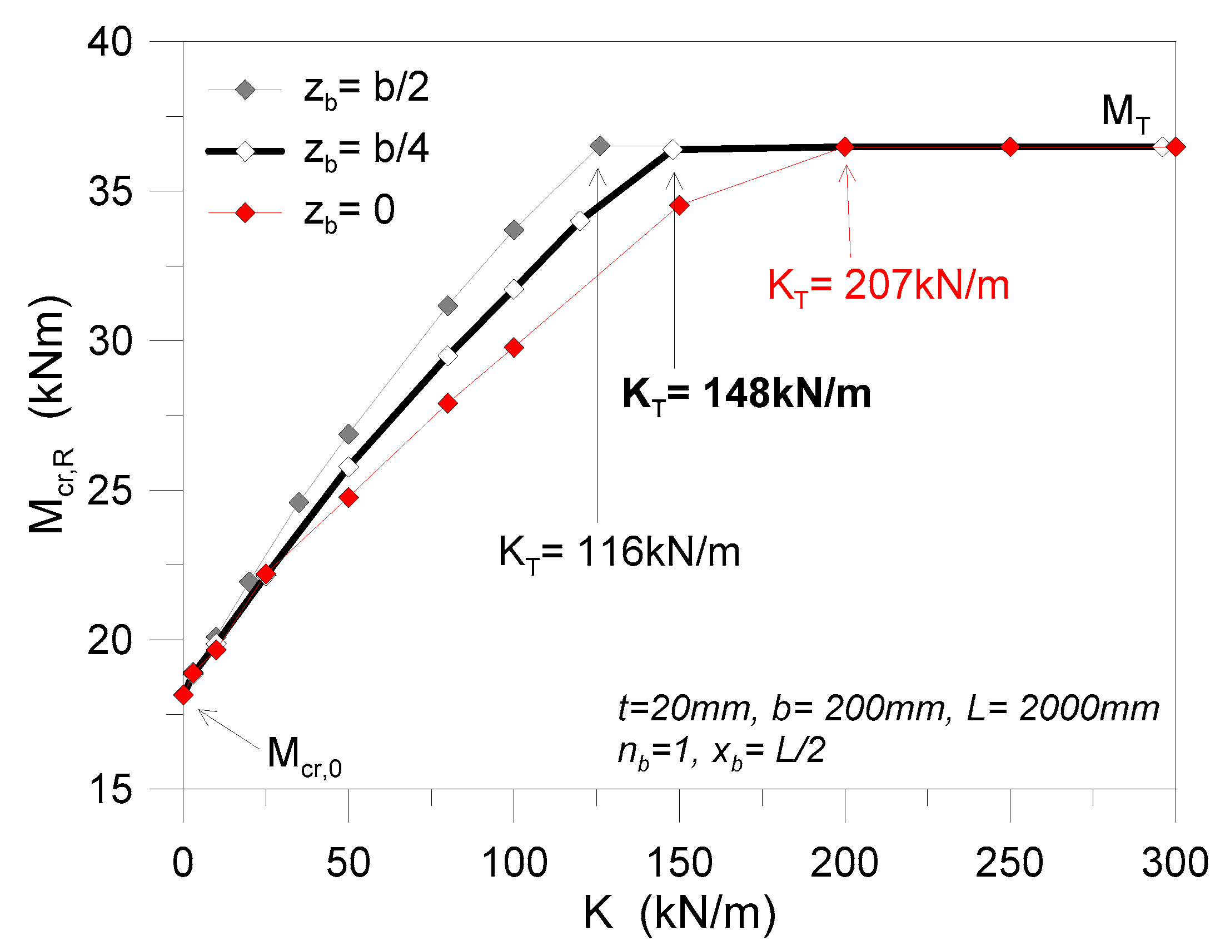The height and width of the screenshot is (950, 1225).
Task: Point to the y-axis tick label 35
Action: point(110,191)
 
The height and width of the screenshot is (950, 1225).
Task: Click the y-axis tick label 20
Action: point(110,640)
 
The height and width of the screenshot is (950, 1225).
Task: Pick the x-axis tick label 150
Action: point(679,863)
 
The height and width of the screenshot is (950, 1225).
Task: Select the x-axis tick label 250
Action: point(1009,863)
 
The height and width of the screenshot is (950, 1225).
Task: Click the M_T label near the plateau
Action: point(1124,112)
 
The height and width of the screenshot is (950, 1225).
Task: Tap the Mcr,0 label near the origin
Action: point(303,755)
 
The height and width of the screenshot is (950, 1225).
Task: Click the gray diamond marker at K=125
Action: point(600,146)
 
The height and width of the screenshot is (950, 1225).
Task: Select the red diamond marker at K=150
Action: point(679,205)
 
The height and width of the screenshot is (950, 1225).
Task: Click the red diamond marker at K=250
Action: point(1009,147)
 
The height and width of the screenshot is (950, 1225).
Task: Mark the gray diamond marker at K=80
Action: point(447,306)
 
